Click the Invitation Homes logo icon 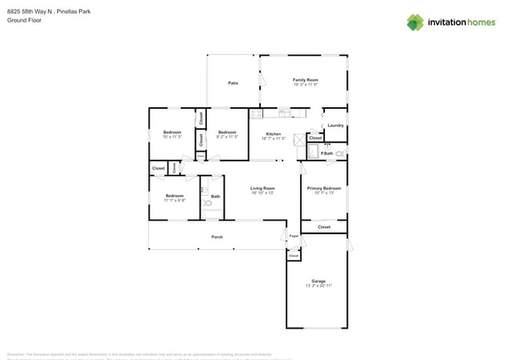point(416,22)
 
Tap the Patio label point(233,83)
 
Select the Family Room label point(305,80)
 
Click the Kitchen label point(273,134)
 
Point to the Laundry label point(336,125)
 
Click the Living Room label point(262,188)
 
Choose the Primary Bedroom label point(324,188)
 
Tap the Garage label point(318,281)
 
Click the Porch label point(217,237)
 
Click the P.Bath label point(327,153)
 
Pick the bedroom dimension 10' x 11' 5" point(172,137)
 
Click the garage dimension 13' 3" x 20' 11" point(318,286)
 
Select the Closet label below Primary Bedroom point(324,227)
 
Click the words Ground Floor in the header point(24,20)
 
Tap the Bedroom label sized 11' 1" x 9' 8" point(174,196)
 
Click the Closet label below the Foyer point(294,256)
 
